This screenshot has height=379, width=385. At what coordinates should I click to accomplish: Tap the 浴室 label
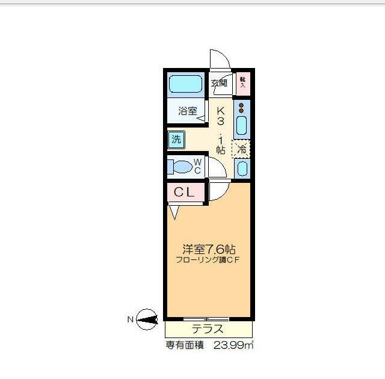tap(187, 111)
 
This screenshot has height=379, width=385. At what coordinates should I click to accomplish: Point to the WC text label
tap(197, 165)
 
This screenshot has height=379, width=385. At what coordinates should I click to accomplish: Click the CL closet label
tap(184, 193)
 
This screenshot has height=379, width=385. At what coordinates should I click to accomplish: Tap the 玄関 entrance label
tap(218, 83)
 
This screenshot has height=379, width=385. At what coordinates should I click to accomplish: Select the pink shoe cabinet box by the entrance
tap(242, 82)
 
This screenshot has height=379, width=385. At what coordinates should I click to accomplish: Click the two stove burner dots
tap(241, 108)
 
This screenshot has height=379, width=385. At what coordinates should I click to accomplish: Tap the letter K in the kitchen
tap(221, 111)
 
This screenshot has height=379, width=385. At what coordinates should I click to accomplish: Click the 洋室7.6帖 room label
tap(208, 248)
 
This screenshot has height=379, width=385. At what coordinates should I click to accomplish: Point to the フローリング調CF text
tap(208, 260)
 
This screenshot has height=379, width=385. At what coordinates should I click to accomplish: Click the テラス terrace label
tap(208, 329)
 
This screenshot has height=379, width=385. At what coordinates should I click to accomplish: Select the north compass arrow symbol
tap(146, 319)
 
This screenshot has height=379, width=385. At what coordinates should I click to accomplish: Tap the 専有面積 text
tap(185, 346)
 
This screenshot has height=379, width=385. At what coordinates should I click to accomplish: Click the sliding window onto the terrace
tap(206, 318)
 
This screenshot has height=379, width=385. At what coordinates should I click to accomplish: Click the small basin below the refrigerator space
tap(241, 168)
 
